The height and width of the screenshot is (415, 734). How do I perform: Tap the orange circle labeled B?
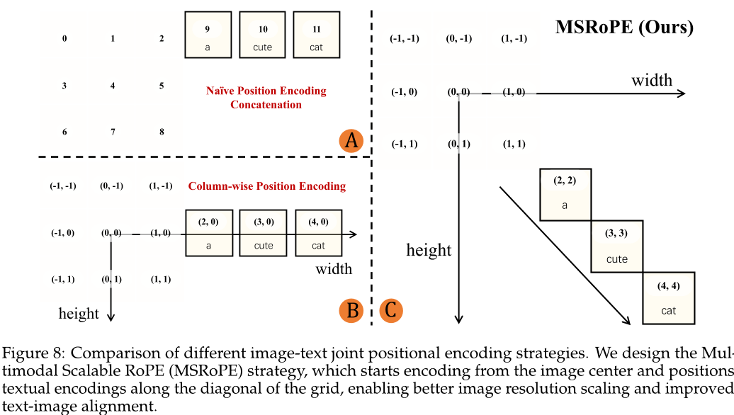click(x=351, y=309)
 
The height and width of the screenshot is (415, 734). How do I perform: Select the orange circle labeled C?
click(x=392, y=309)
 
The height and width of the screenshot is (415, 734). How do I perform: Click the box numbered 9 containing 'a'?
click(x=208, y=35)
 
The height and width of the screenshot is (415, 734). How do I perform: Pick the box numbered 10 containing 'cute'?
click(x=262, y=35)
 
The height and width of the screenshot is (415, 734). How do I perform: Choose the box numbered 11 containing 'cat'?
click(x=316, y=35)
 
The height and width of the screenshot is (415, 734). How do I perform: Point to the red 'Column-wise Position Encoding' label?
click(x=266, y=186)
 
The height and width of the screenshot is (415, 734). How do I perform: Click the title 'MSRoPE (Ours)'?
click(x=623, y=28)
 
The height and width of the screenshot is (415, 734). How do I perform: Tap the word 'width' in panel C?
click(x=652, y=79)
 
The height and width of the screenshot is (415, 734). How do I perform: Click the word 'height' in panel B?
click(x=79, y=313)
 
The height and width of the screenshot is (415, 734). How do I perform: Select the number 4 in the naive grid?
click(x=113, y=86)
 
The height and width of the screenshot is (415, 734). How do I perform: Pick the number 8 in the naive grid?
click(x=162, y=132)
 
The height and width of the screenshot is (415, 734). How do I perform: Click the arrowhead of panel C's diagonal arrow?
click(x=628, y=321)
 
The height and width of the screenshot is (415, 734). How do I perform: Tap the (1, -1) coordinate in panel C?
click(x=514, y=38)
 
